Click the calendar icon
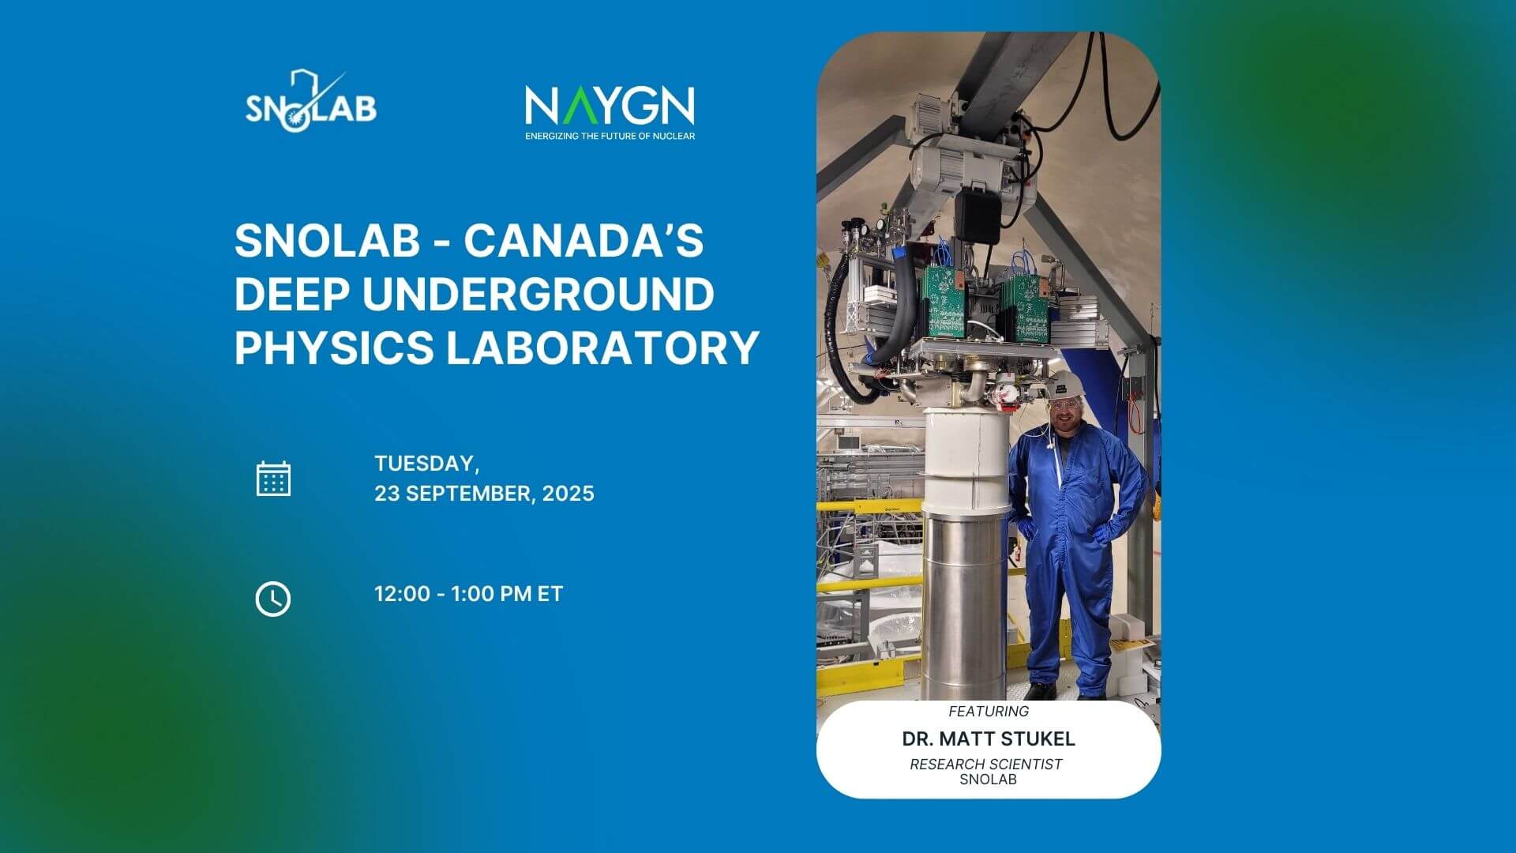tap(273, 479)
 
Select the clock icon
tap(273, 599)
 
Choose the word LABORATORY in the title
tap(603, 348)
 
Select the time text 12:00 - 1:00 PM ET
tap(469, 594)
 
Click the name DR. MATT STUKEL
tap(989, 739)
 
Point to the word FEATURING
tap(989, 711)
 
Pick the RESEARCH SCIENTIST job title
tap(986, 764)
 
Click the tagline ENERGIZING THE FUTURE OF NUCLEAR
tap(610, 136)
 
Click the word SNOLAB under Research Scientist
tap(989, 779)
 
